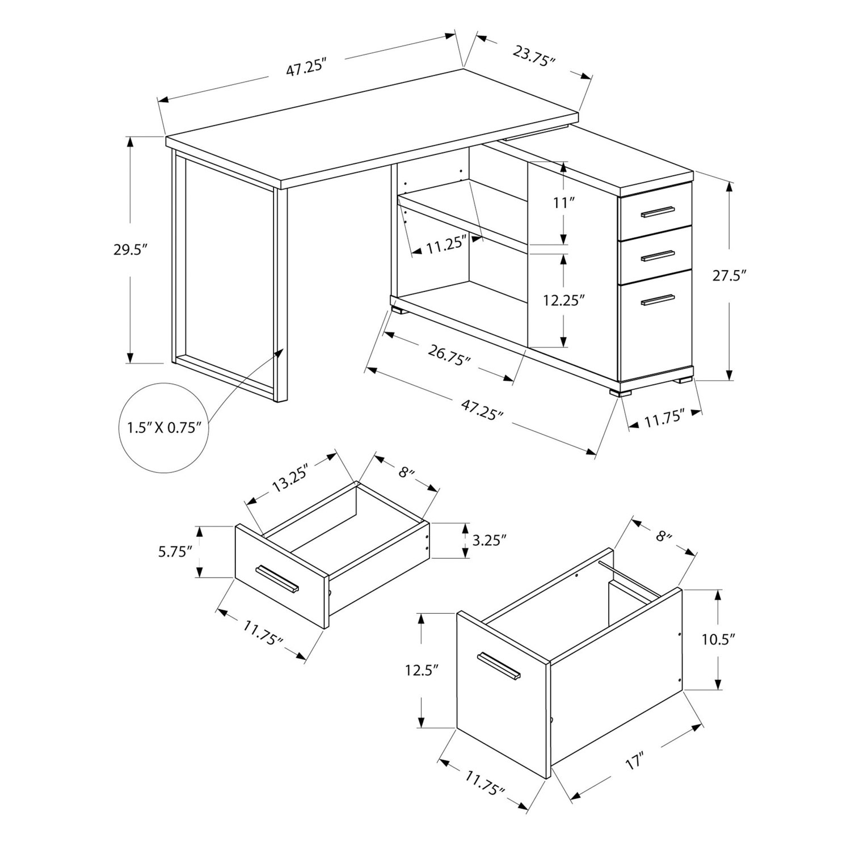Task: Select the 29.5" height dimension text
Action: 130,250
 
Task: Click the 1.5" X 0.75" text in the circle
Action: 161,427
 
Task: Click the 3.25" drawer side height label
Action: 488,540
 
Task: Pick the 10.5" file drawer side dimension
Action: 718,639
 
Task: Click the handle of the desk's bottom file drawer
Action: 658,300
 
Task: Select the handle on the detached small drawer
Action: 277,579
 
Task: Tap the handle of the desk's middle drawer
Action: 658,256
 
